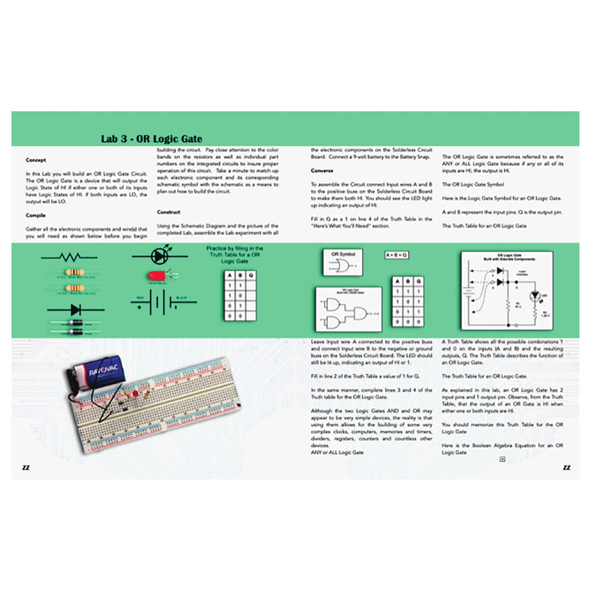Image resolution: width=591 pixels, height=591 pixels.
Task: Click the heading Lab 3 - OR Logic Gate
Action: (151, 139)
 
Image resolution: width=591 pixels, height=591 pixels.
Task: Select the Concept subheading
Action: (35, 160)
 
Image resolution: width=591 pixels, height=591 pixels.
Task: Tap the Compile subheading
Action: (36, 215)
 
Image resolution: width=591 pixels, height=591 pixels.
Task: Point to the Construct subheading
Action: (169, 212)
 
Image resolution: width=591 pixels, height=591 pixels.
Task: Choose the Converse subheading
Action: (322, 170)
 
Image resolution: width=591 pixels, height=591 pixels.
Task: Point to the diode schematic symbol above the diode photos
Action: (73, 310)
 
